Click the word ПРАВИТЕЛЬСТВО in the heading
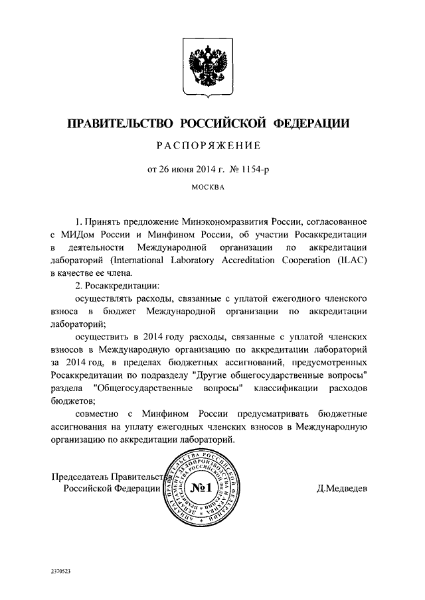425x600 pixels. (x=120, y=124)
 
